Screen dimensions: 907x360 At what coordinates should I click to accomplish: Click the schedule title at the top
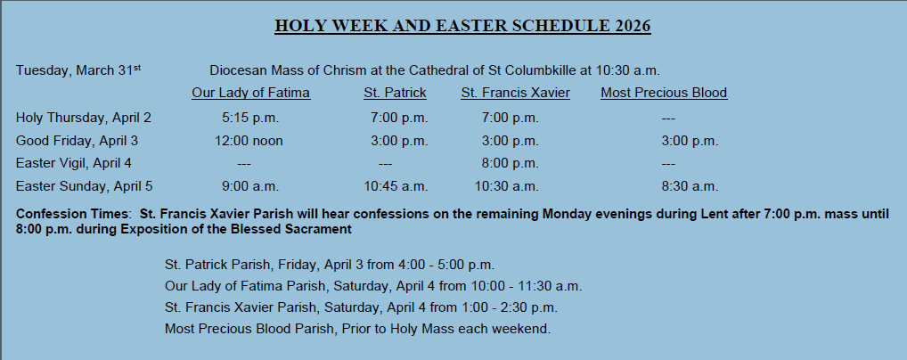click(x=462, y=26)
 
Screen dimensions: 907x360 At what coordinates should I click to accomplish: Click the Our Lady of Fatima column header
click(x=251, y=93)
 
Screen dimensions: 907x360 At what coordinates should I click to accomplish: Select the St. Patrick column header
click(x=395, y=93)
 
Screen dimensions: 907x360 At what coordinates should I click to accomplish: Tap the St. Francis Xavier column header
click(x=515, y=93)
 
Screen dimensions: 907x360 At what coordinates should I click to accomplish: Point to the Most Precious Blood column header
click(x=664, y=93)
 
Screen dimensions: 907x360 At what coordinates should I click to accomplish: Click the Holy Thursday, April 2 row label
click(x=83, y=119)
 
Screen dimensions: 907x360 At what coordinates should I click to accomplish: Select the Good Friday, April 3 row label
click(x=77, y=141)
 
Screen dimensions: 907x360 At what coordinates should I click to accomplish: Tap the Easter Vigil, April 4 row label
click(x=73, y=164)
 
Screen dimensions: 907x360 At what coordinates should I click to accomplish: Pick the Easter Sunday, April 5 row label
click(x=84, y=186)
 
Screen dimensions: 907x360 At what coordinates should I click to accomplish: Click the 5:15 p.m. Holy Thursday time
click(x=250, y=119)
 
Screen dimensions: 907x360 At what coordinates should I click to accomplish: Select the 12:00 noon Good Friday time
click(x=249, y=141)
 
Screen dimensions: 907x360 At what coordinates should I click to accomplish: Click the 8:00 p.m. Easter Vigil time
click(x=511, y=164)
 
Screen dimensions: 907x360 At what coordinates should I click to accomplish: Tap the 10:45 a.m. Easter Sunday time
click(x=396, y=186)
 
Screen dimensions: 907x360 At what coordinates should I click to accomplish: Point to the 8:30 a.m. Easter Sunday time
click(x=690, y=186)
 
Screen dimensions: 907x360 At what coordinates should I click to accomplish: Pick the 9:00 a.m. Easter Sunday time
click(x=250, y=186)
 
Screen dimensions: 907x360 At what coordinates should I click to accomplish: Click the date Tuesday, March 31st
click(x=78, y=70)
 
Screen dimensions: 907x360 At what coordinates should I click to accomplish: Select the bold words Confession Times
click(x=72, y=214)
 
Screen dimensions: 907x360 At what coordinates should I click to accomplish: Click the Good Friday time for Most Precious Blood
click(x=690, y=141)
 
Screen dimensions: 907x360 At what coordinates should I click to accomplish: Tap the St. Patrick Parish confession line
click(x=330, y=265)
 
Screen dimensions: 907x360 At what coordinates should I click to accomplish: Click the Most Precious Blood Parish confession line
click(x=357, y=329)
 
